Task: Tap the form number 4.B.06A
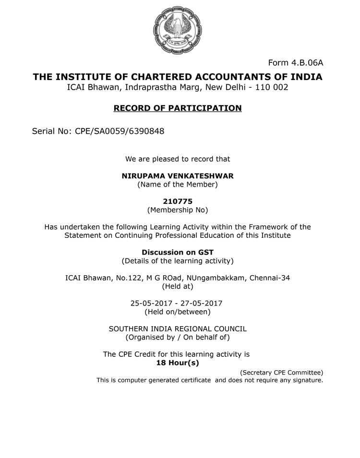296,63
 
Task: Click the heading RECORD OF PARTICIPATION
178,108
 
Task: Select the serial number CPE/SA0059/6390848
120,131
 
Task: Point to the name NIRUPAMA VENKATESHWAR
178,176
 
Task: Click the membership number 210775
178,201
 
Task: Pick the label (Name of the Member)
178,184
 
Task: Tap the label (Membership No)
178,210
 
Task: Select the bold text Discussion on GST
178,252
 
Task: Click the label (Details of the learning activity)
178,261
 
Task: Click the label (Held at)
178,286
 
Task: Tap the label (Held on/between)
178,312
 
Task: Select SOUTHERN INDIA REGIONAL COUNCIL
178,329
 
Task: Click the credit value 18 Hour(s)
178,363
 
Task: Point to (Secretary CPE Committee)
281,372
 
